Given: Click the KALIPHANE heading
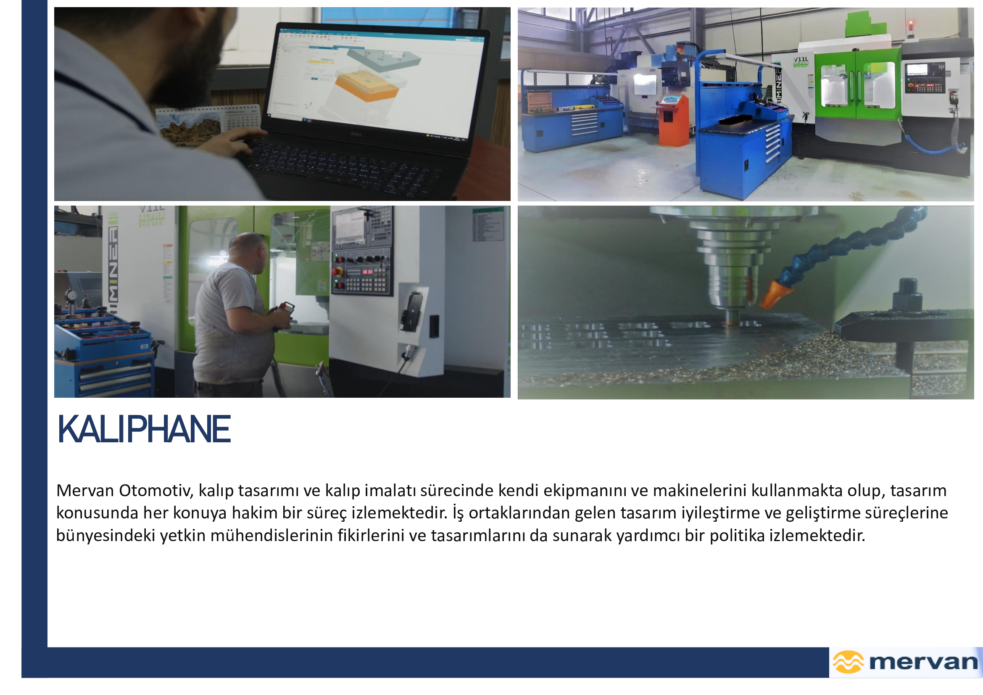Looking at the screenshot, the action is [144, 429].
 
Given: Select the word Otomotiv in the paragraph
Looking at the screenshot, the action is [156, 490].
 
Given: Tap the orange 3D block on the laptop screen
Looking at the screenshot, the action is [367, 87].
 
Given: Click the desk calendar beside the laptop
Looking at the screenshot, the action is [208, 124].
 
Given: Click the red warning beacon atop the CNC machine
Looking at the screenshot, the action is [911, 25].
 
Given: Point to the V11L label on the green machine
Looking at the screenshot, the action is [801, 60].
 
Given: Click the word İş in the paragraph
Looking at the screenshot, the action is [458, 513].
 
